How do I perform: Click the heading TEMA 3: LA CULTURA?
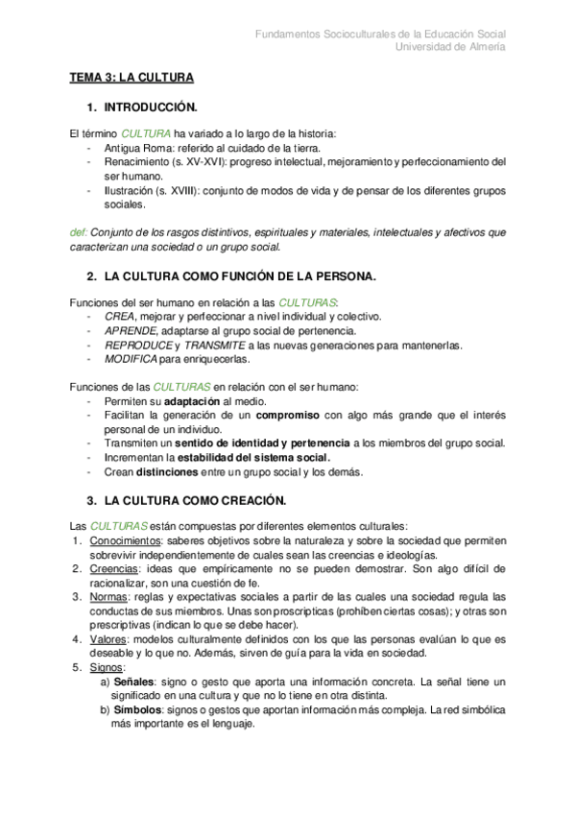click(132, 76)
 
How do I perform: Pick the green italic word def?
click(80, 232)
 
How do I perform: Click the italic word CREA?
click(119, 316)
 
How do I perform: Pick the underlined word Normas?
click(108, 597)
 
